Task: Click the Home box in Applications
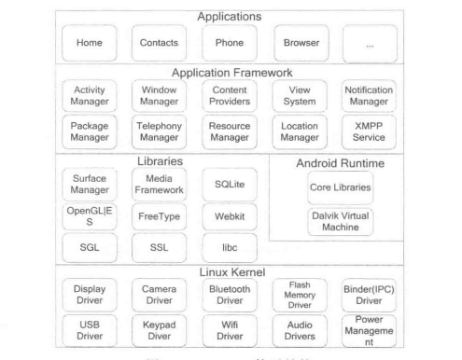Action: click(91, 42)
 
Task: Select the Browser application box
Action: click(301, 42)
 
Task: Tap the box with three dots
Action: click(371, 42)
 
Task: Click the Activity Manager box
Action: click(91, 94)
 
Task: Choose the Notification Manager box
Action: click(371, 94)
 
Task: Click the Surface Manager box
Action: click(91, 178)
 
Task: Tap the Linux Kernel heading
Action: click(231, 270)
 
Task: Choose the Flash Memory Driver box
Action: click(301, 294)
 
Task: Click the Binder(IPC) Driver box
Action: click(371, 294)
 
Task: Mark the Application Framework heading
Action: click(231, 72)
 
